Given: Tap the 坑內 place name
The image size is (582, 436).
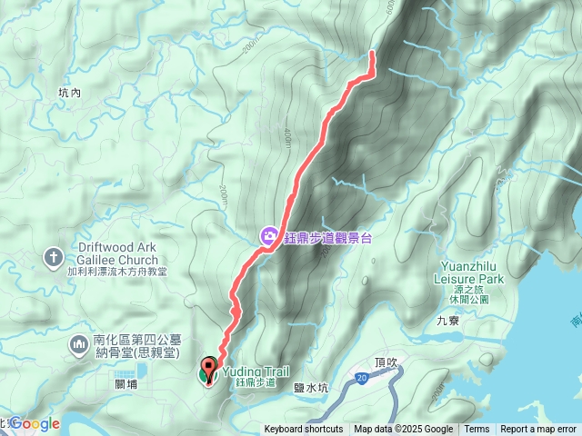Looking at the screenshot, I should click(69, 93).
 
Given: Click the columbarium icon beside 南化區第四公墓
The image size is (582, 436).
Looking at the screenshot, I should click(79, 345).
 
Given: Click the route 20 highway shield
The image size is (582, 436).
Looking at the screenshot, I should click(361, 377).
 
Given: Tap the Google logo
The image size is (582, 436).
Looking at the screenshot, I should click(36, 423).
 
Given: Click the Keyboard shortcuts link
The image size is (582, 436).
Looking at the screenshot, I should click(304, 430).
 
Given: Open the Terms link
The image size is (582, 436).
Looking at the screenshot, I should click(477, 430).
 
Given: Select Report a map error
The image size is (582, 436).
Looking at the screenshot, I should click(539, 430).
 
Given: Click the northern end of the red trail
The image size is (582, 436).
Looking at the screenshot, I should click(373, 54).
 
